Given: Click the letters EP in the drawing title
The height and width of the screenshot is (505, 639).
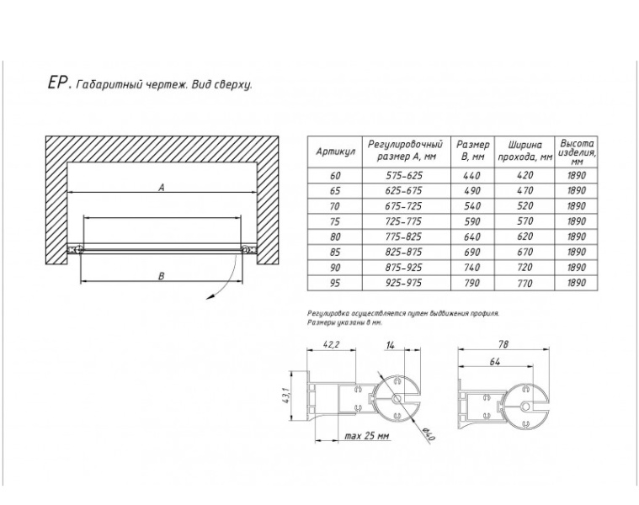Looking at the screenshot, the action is (x=56, y=82).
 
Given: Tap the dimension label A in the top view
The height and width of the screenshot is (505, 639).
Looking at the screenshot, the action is (x=162, y=188).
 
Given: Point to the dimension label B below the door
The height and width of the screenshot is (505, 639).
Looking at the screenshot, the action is (x=162, y=276).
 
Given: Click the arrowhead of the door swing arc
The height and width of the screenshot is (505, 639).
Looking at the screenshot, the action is (x=210, y=297).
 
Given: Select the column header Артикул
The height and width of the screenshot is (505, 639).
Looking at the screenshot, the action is (x=335, y=151).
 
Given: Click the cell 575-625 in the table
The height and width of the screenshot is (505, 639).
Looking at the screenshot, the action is (x=403, y=176).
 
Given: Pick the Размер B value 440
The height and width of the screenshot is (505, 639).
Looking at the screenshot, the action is (x=472, y=176).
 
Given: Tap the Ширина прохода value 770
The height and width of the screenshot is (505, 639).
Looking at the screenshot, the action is (x=525, y=283).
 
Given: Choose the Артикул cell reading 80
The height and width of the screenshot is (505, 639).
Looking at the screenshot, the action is (x=334, y=237).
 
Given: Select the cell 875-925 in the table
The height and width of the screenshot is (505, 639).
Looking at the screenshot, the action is (x=403, y=268).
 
